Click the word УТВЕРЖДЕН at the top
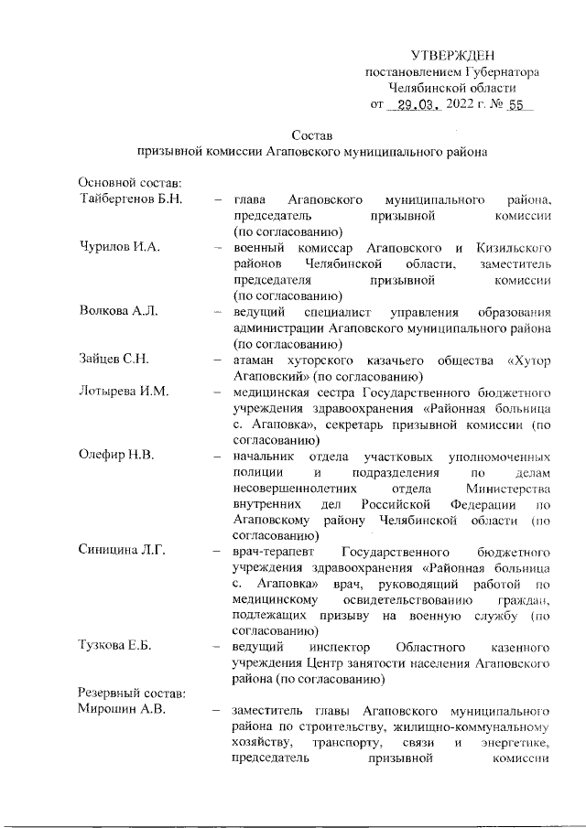point(453,55)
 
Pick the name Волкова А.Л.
point(119,312)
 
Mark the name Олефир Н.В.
point(116,455)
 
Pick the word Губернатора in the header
point(502,71)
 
